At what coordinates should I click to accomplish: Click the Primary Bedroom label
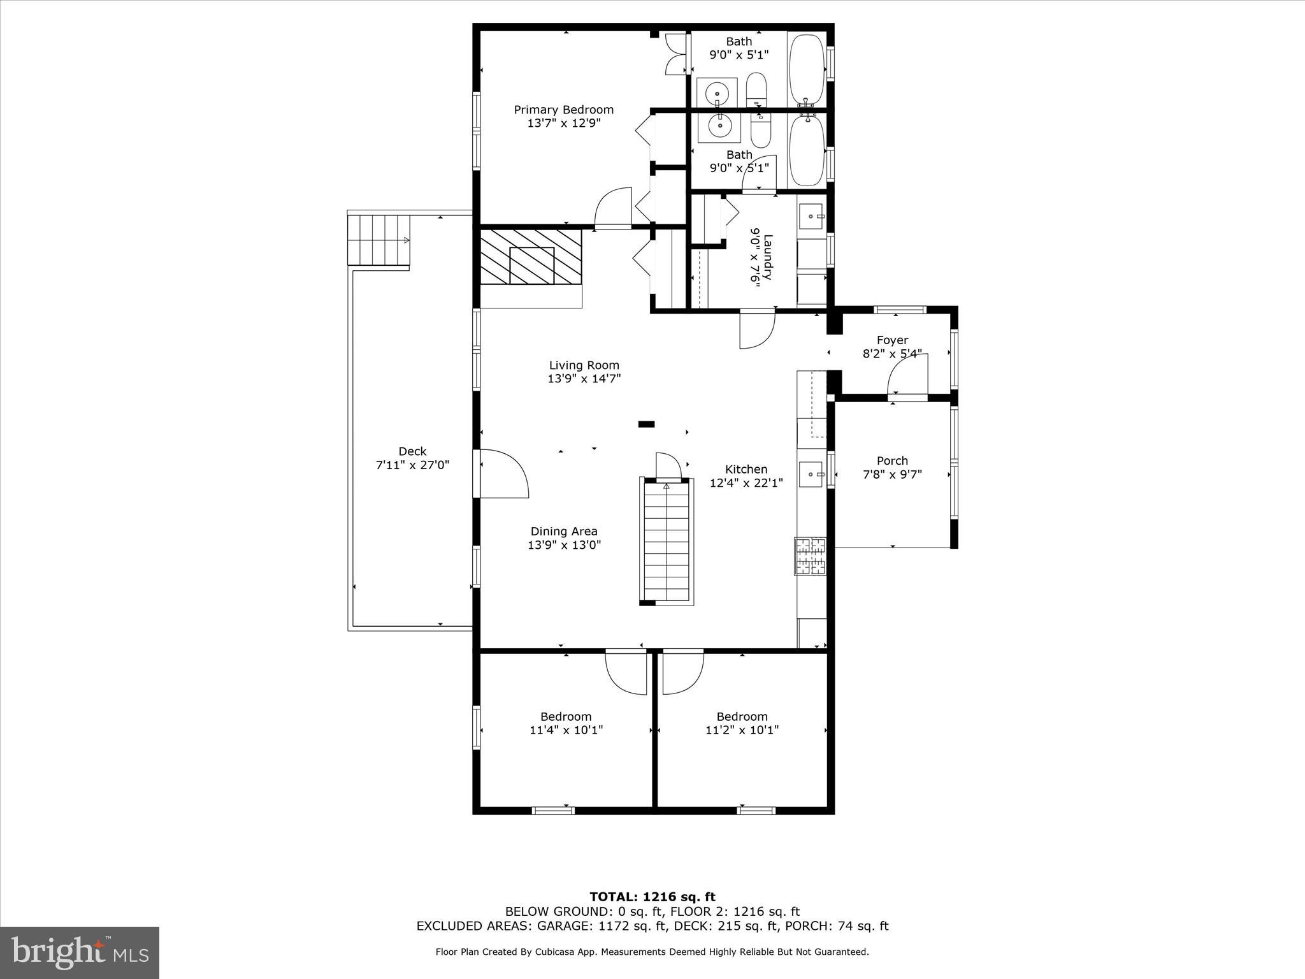[x=564, y=110]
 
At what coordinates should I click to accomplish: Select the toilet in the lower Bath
[x=761, y=131]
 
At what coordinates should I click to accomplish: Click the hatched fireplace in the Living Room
[x=531, y=257]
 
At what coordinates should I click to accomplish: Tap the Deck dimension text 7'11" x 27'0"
[x=412, y=465]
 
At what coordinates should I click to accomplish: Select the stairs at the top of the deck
[x=379, y=240]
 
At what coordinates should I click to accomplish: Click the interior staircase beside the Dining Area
[x=667, y=542]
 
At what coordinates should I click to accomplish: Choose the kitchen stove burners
[x=810, y=556]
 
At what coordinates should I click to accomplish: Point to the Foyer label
[x=892, y=340]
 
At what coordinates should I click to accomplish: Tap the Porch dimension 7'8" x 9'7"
[x=892, y=474]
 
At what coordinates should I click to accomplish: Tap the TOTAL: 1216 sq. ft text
[x=652, y=897]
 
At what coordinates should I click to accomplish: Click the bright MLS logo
[x=80, y=952]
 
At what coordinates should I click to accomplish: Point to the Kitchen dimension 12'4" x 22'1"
[x=746, y=483]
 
